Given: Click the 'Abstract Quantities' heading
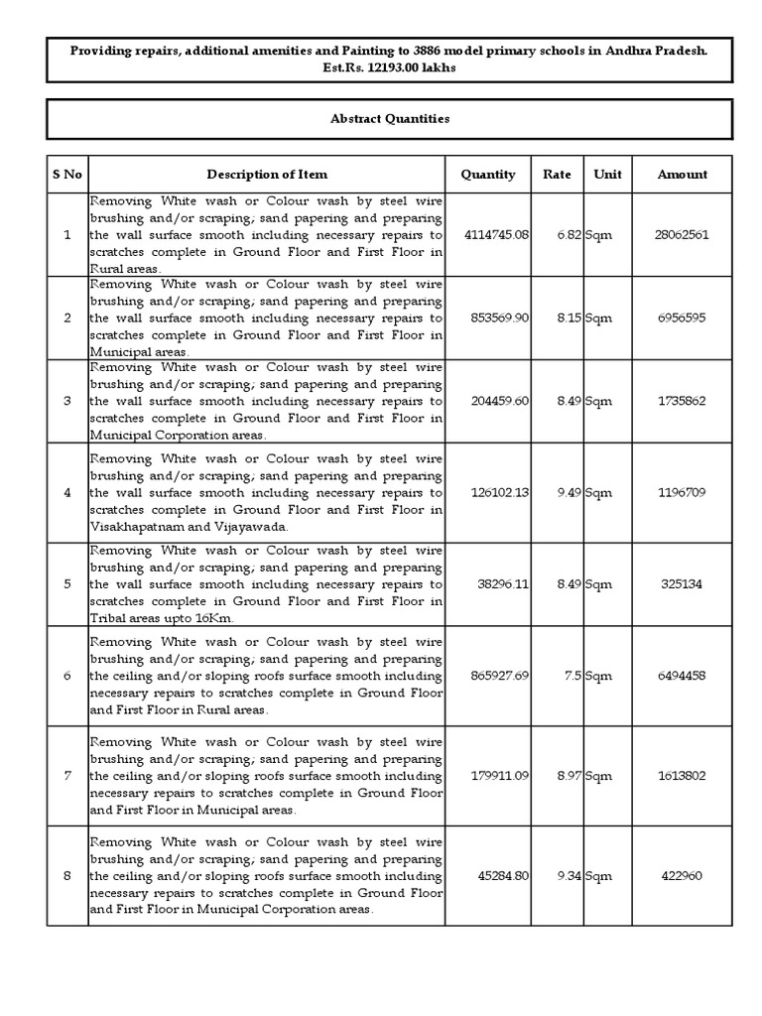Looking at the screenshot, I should (x=389, y=118).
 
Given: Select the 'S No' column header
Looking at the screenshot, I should (x=66, y=174).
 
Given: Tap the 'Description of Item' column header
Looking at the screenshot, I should (x=267, y=174).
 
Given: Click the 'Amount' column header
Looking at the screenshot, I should (x=682, y=174).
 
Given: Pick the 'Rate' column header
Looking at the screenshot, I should (x=557, y=174).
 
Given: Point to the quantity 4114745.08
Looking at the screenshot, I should (x=496, y=235).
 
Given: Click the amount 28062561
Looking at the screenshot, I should (x=682, y=235).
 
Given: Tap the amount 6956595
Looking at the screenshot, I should (x=682, y=318).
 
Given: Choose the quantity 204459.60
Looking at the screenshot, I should (x=499, y=401).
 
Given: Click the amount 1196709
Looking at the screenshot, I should (x=682, y=492).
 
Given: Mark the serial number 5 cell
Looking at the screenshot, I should (x=66, y=583).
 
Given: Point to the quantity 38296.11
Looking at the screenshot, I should (x=502, y=583).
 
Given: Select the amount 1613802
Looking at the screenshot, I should (x=682, y=775).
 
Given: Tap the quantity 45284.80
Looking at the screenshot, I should (x=502, y=876).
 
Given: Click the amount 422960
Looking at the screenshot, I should (x=682, y=876).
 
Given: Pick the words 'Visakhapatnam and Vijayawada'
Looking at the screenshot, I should (x=189, y=527).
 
